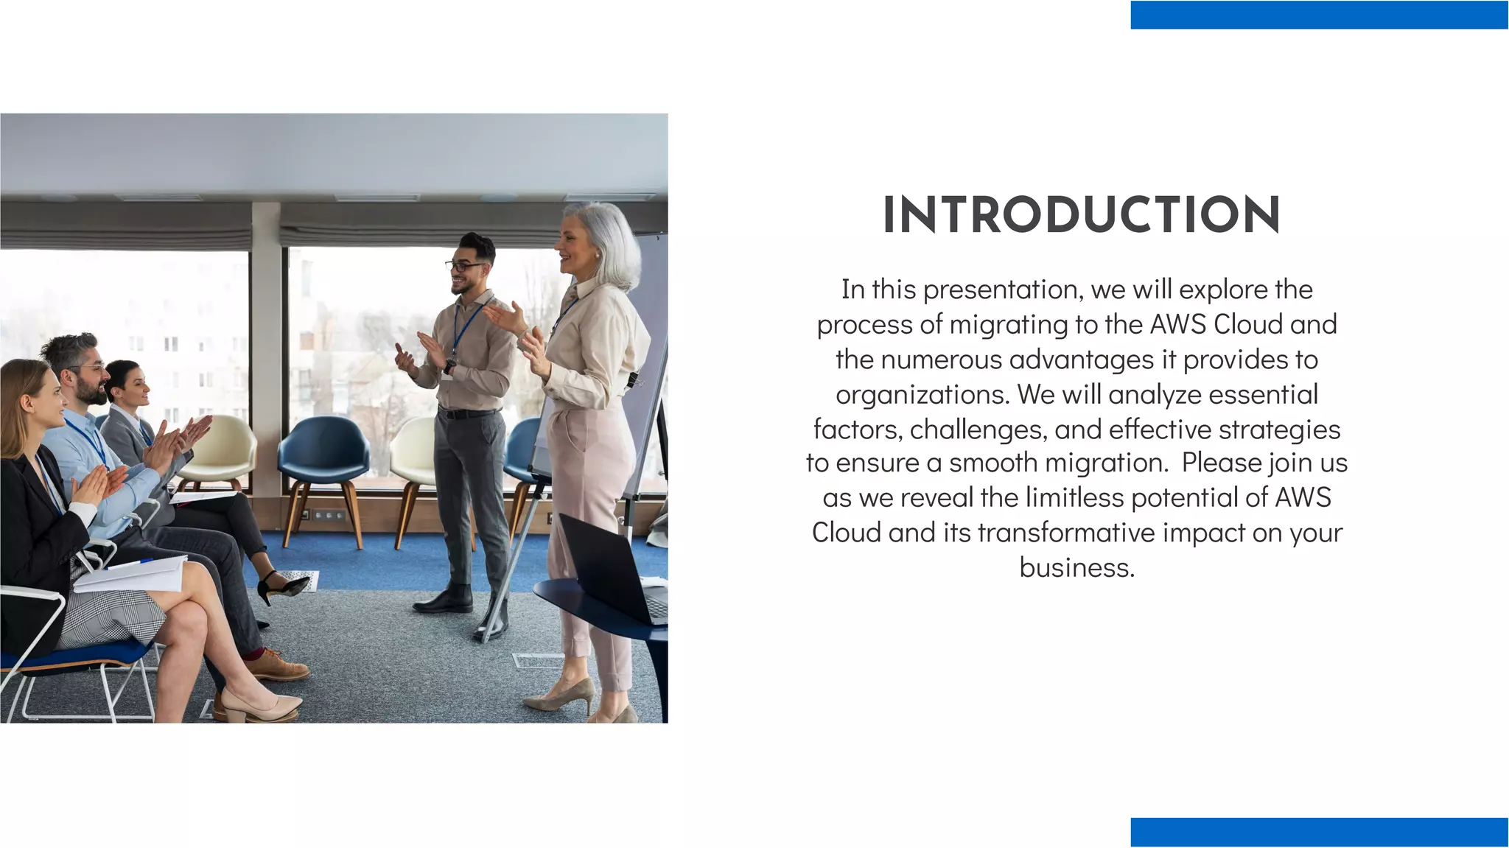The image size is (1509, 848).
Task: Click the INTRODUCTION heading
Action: click(1081, 215)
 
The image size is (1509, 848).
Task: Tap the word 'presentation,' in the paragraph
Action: click(1003, 290)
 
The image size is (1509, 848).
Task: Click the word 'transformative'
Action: click(1066, 533)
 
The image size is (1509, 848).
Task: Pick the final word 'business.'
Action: click(1076, 567)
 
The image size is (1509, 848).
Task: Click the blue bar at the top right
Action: click(1319, 15)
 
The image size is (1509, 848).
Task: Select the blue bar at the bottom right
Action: click(1319, 832)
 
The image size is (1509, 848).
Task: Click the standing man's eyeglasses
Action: click(463, 266)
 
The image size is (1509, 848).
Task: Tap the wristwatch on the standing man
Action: click(449, 366)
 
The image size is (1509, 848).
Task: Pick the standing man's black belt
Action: click(467, 413)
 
